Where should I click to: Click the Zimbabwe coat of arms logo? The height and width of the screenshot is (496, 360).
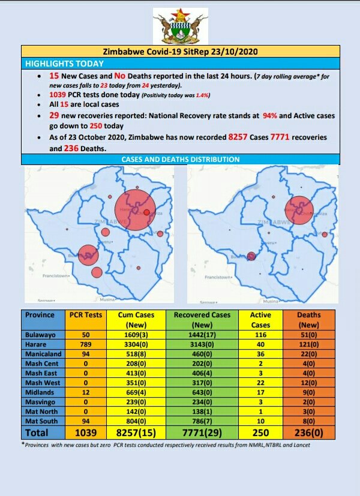tap(180, 26)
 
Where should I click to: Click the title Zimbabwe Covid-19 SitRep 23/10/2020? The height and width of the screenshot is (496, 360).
tap(179, 52)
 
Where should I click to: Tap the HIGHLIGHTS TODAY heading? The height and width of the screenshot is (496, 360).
tap(65, 64)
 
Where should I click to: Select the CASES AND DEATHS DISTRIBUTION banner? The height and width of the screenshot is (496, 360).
tap(180, 160)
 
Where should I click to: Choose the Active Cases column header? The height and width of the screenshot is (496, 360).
tap(260, 319)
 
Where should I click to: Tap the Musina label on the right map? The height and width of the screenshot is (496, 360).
tap(271, 300)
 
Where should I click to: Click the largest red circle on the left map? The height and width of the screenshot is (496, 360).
tap(137, 209)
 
